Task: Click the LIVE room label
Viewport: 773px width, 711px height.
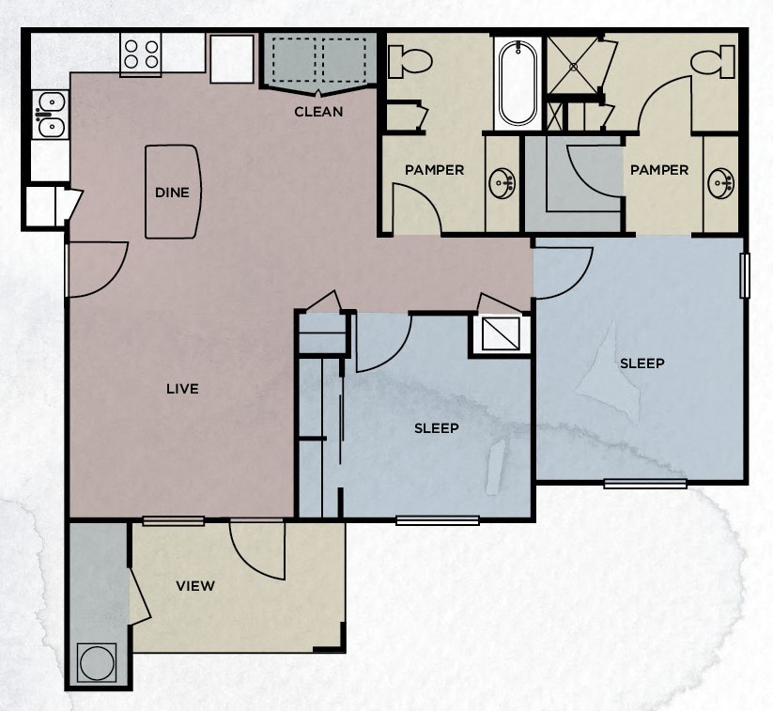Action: pyautogui.click(x=182, y=389)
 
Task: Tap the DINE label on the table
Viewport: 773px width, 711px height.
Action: pyautogui.click(x=172, y=193)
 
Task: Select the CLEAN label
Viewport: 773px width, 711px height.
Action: pyautogui.click(x=318, y=112)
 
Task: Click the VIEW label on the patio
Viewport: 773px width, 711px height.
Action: pyautogui.click(x=195, y=586)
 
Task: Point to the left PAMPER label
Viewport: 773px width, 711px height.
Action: pyautogui.click(x=434, y=170)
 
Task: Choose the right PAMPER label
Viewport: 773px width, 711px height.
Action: pyautogui.click(x=658, y=170)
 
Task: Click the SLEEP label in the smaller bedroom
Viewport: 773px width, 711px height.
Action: pyautogui.click(x=437, y=428)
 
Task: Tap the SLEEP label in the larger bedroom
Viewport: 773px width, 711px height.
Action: pyautogui.click(x=642, y=363)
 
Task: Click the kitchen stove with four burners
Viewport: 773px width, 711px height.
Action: pyautogui.click(x=141, y=54)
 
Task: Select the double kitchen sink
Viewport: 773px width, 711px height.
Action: pyautogui.click(x=47, y=114)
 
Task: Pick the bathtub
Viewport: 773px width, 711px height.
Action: pyautogui.click(x=518, y=83)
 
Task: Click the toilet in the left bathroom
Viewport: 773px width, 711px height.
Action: pyautogui.click(x=410, y=63)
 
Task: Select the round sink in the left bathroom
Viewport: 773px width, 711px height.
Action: pyautogui.click(x=502, y=182)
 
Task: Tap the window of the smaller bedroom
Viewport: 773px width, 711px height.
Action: pyautogui.click(x=437, y=519)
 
